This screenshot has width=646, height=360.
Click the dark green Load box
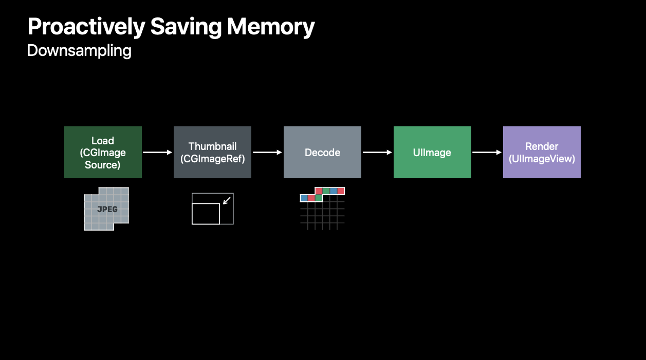pyautogui.click(x=103, y=152)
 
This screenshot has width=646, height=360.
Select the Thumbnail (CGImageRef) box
pyautogui.click(x=212, y=152)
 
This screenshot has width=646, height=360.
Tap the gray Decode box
pyautogui.click(x=322, y=152)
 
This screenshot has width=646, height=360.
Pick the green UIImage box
pyautogui.click(x=432, y=152)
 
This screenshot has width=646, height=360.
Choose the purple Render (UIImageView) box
pyautogui.click(x=542, y=152)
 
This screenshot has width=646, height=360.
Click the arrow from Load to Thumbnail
pyautogui.click(x=158, y=152)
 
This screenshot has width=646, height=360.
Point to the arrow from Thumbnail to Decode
pyautogui.click(x=267, y=152)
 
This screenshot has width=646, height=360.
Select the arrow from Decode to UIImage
pyautogui.click(x=377, y=152)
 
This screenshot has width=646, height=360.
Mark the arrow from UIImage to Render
pyautogui.click(x=487, y=152)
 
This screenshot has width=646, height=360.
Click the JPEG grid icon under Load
pyautogui.click(x=106, y=209)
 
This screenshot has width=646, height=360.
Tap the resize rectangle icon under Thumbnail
pyautogui.click(x=212, y=209)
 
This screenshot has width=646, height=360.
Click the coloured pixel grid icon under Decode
pyautogui.click(x=322, y=208)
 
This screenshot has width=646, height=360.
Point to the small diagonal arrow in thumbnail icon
pyautogui.click(x=227, y=199)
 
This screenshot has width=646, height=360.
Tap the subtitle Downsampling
pyautogui.click(x=79, y=51)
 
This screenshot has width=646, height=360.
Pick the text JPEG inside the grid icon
pyautogui.click(x=107, y=209)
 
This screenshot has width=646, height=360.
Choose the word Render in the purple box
pyautogui.click(x=542, y=146)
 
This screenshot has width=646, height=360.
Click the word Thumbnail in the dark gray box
pyautogui.click(x=212, y=146)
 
